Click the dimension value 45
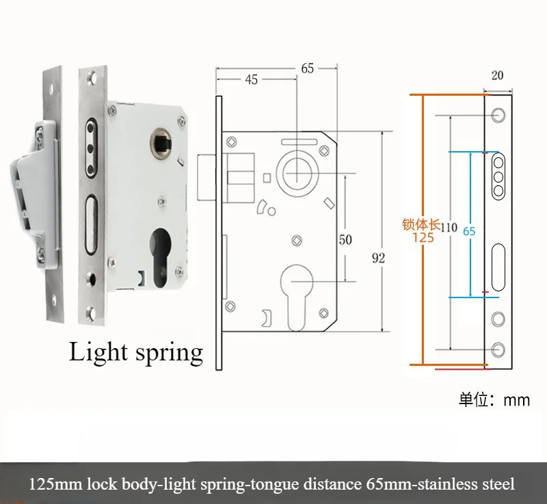(251, 80)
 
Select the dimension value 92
(378, 258)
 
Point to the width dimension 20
(497, 76)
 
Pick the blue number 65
(469, 231)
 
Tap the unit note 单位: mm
(494, 400)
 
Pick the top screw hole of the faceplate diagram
(498, 115)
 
